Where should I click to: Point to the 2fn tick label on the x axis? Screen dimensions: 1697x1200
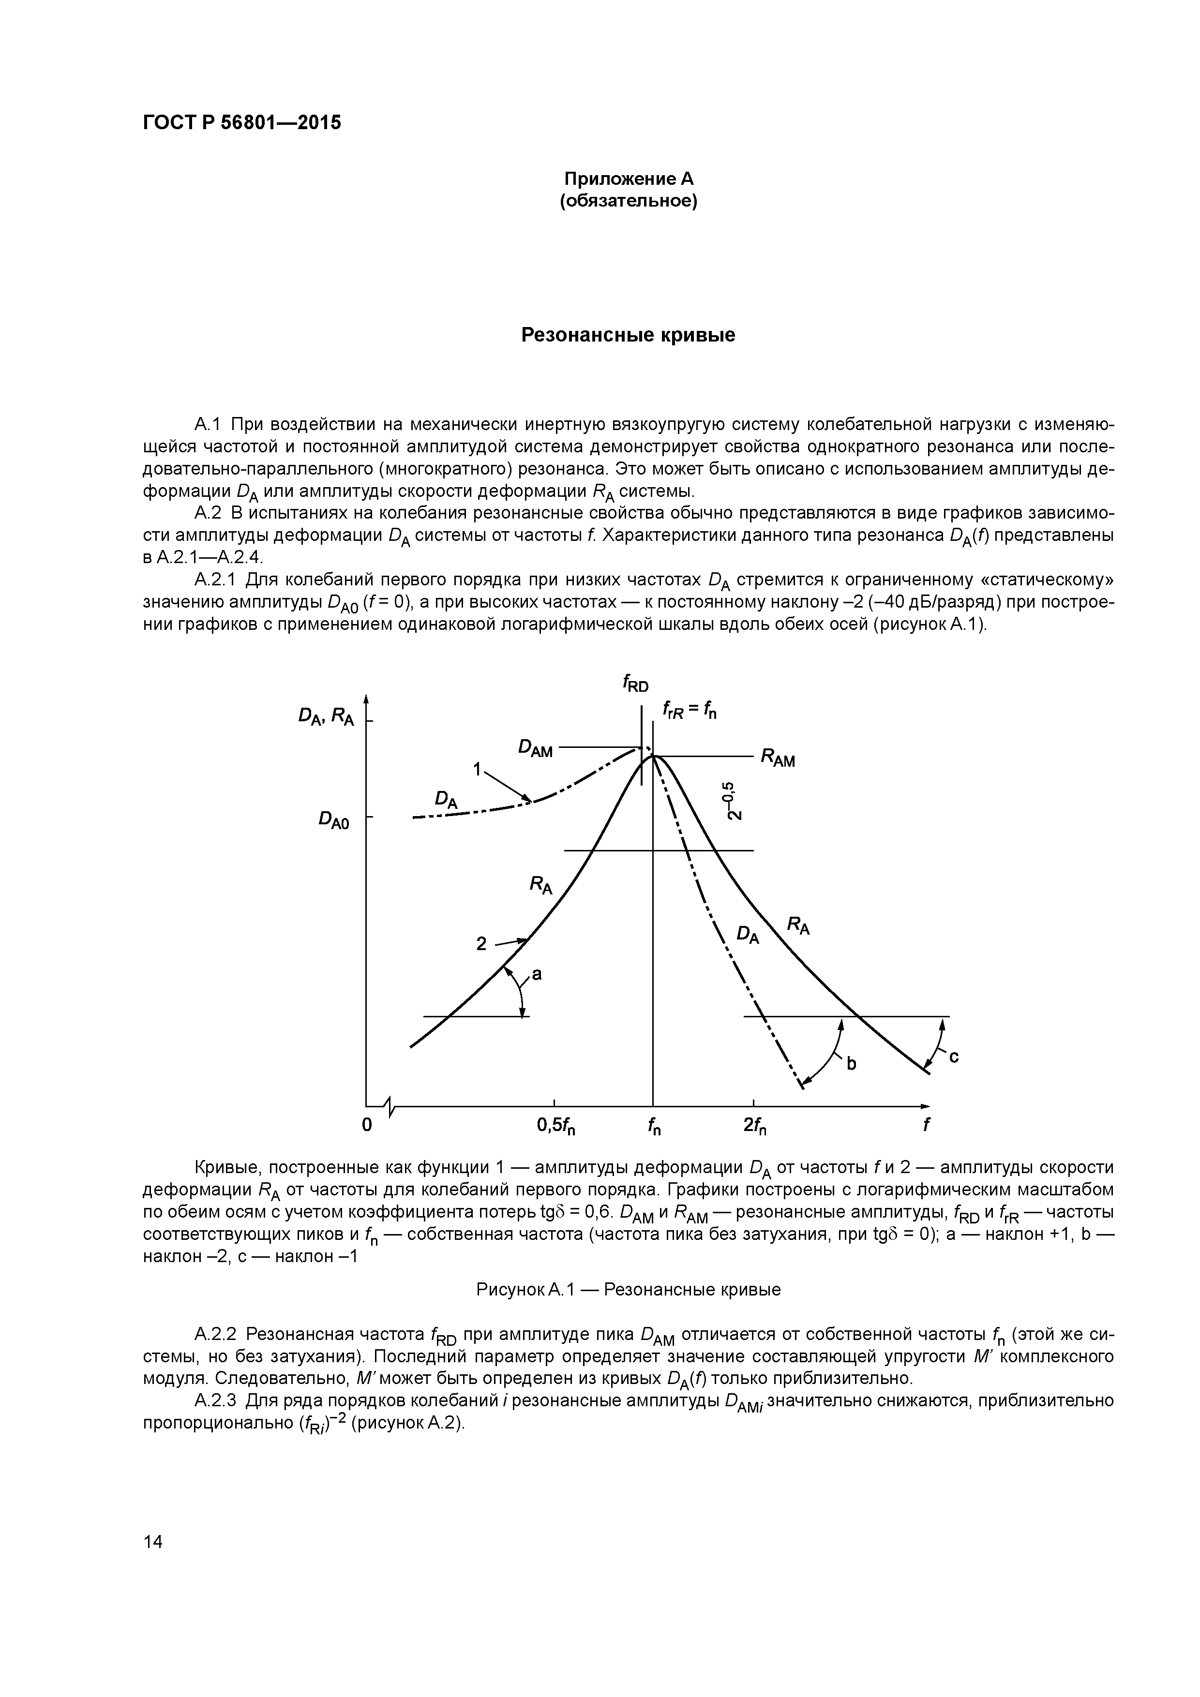pos(755,1126)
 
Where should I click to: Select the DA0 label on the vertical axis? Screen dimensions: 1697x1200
pos(333,820)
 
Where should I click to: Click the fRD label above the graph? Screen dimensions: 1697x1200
pos(635,685)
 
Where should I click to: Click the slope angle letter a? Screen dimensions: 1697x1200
pos(537,975)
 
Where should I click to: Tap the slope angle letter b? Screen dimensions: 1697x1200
pos(850,1064)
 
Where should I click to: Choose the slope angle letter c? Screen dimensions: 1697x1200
pos(953,1057)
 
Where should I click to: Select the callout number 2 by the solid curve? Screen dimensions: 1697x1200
pos(481,944)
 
